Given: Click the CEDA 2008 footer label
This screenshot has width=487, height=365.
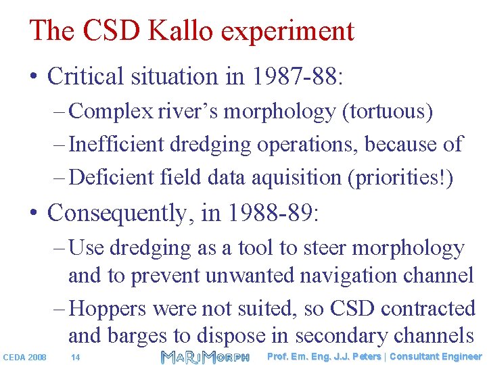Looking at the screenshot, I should coord(25,357).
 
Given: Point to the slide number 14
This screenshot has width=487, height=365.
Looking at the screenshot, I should coord(76,357).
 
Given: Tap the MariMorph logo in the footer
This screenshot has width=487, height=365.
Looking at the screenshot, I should coord(205,356).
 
